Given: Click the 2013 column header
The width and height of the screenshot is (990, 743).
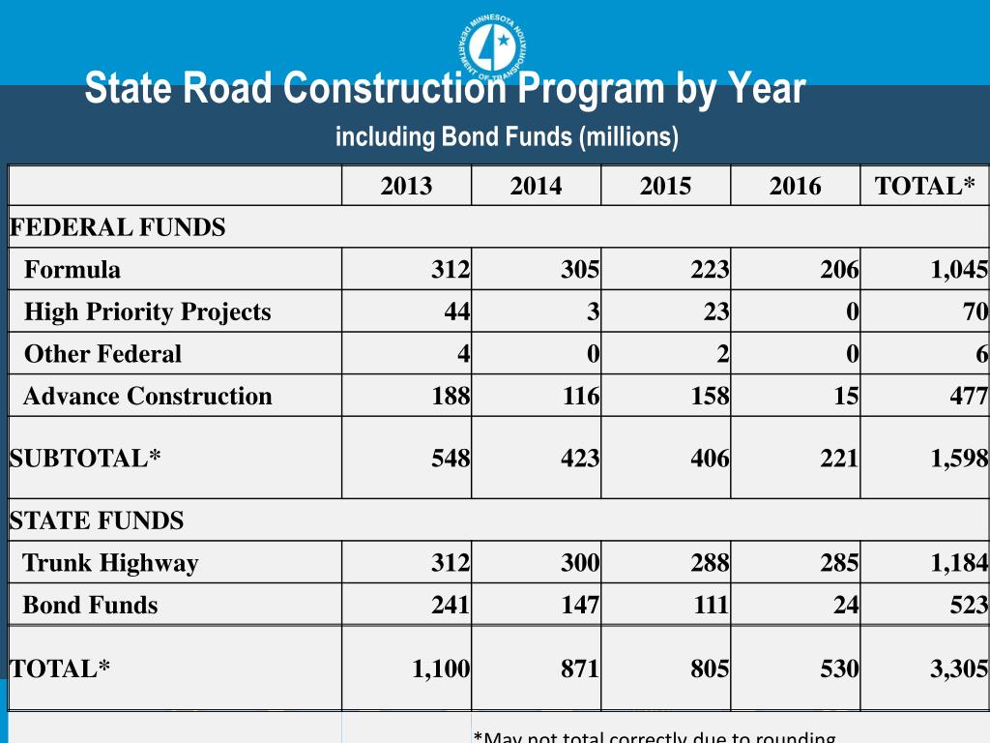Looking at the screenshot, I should click(x=406, y=187).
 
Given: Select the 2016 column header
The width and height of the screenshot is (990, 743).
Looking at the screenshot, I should click(x=795, y=187).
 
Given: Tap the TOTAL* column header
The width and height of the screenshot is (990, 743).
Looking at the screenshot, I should click(x=925, y=187).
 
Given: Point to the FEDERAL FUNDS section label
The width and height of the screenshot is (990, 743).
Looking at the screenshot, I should click(x=117, y=228).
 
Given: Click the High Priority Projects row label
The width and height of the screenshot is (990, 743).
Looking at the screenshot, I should click(x=147, y=312).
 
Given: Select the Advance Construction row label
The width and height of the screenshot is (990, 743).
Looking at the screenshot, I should click(x=147, y=397).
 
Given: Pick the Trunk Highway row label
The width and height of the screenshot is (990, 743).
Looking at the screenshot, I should click(x=110, y=563).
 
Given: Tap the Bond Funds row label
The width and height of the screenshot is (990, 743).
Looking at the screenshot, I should click(x=90, y=606).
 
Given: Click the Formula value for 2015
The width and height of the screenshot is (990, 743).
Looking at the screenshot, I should click(x=710, y=270).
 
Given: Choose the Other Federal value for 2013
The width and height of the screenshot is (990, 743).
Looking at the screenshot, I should click(x=464, y=354).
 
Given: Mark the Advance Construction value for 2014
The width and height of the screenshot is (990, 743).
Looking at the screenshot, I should click(x=580, y=397).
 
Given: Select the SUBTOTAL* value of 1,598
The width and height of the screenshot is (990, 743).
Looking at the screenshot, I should click(x=959, y=459).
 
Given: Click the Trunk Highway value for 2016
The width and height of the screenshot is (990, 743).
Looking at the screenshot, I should click(x=839, y=563).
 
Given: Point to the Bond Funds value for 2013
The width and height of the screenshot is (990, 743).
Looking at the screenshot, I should click(x=451, y=606).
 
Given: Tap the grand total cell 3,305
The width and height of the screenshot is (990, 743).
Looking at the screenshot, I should click(x=959, y=669).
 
